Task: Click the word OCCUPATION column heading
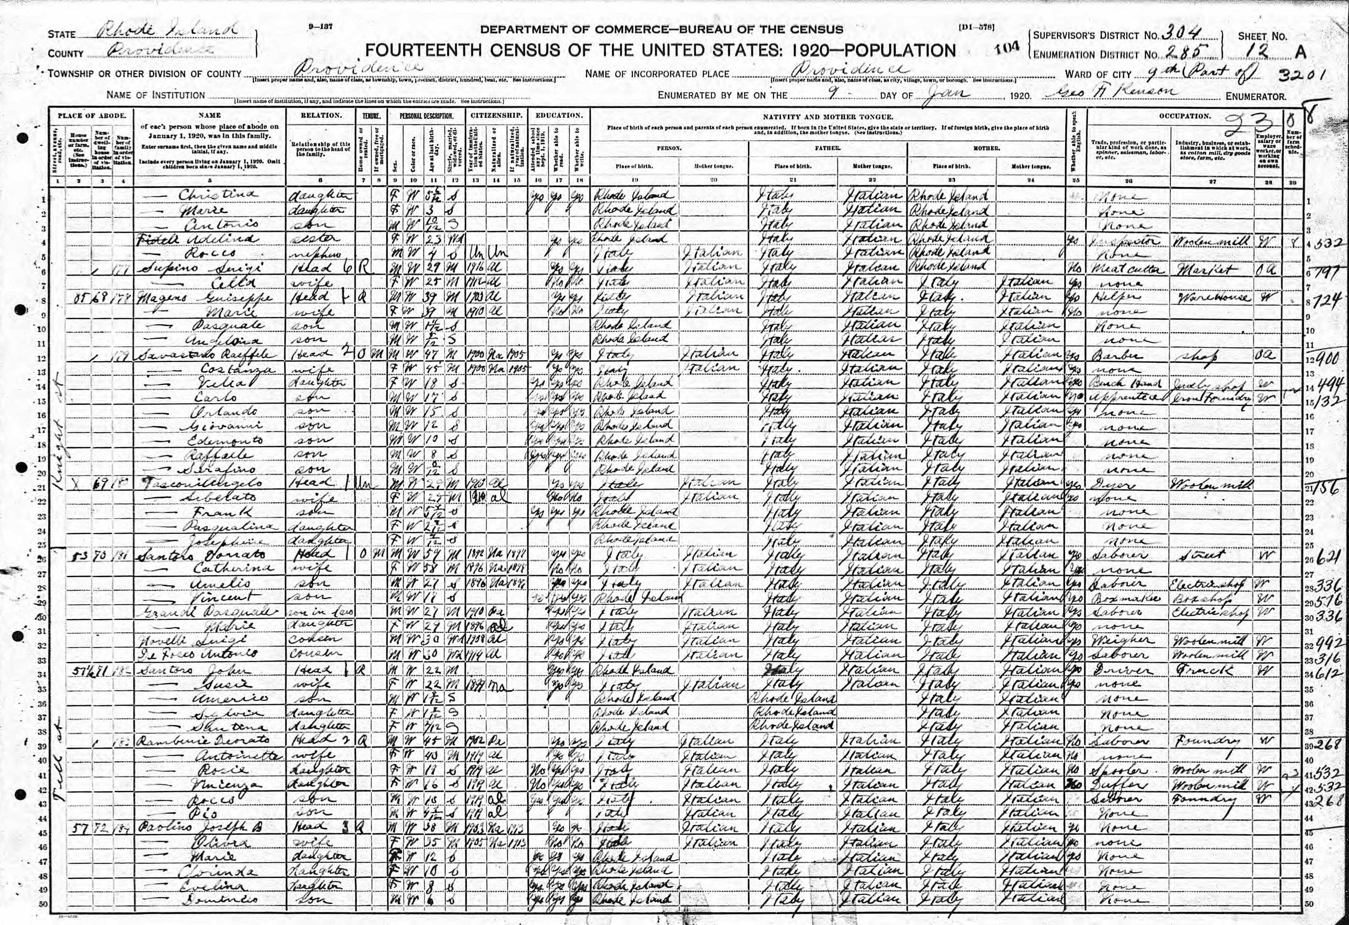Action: tap(1184, 116)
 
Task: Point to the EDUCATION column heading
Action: tap(558, 115)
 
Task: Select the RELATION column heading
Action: tap(321, 115)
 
